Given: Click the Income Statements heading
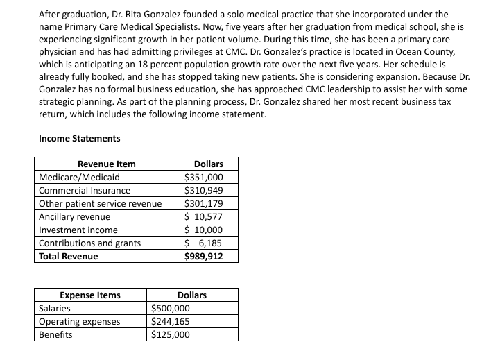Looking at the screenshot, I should (79, 138).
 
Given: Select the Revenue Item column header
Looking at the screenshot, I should (106, 164).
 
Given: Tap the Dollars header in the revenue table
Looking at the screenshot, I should (208, 164).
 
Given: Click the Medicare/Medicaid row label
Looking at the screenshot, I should (74, 177).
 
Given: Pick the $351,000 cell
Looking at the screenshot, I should (203, 177).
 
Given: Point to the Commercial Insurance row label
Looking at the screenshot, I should (84, 190).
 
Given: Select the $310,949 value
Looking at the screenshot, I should (203, 190).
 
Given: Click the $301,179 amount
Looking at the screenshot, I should (203, 203).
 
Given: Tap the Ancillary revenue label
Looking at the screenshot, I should (74, 216).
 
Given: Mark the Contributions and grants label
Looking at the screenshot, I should (89, 243).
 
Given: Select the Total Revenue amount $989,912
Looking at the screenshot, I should (203, 256).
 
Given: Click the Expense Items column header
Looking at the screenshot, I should (89, 295).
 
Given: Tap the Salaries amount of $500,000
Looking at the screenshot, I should (170, 308).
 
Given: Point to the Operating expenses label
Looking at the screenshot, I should (79, 321).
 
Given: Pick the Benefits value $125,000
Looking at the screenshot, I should (170, 334).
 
